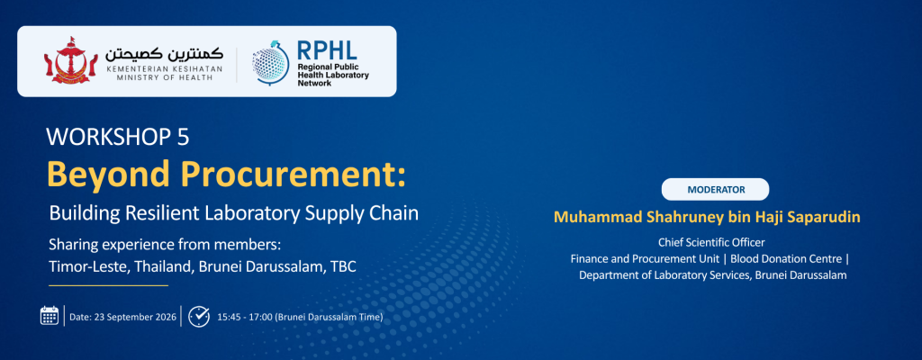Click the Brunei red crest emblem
pyautogui.click(x=71, y=60)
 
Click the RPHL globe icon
pyautogui.click(x=270, y=63)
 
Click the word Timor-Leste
pyautogui.click(x=89, y=265)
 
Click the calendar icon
pyautogui.click(x=50, y=316)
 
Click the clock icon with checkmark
pyautogui.click(x=199, y=316)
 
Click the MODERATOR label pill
pyautogui.click(x=715, y=189)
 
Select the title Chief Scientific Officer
pyautogui.click(x=711, y=242)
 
